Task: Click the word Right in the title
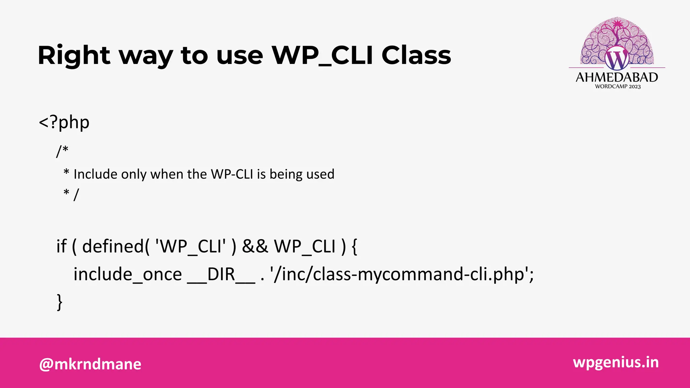tap(74, 56)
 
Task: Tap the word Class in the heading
tap(416, 56)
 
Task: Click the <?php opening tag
tap(64, 122)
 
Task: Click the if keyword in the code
tap(61, 246)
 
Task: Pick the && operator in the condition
tap(255, 246)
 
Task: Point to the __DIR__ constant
tap(221, 274)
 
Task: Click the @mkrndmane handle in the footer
tap(90, 364)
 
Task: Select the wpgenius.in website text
tap(616, 362)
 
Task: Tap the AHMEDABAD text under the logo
tap(617, 77)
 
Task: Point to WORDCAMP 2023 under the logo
tap(618, 87)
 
